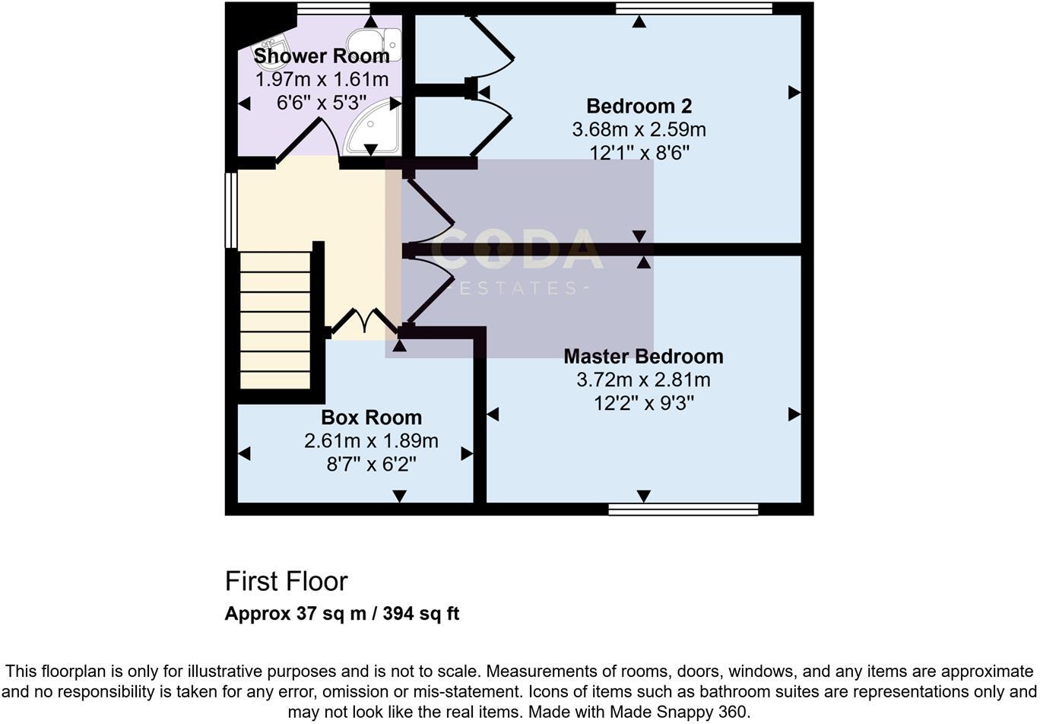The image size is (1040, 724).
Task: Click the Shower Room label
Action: [x=322, y=56]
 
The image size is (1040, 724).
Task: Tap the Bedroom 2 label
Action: [x=639, y=106]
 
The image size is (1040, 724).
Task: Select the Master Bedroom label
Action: [x=643, y=356]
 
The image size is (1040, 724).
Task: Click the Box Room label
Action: [x=371, y=418]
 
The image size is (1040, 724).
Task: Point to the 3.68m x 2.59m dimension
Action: [x=639, y=129]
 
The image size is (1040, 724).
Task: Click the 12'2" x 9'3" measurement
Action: [x=643, y=403]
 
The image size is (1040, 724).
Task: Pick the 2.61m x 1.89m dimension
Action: [x=371, y=440]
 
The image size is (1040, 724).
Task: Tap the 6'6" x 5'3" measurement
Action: [x=322, y=103]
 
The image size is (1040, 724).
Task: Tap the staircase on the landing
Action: [x=275, y=320]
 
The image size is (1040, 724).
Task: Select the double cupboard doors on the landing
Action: [x=365, y=321]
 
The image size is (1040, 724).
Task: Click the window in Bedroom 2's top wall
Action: [x=693, y=8]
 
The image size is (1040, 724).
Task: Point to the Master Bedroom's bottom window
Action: [x=683, y=509]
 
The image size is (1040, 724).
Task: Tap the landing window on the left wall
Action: [x=231, y=211]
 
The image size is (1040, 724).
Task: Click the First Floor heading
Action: [x=286, y=582]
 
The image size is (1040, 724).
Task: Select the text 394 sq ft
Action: [x=421, y=614]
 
